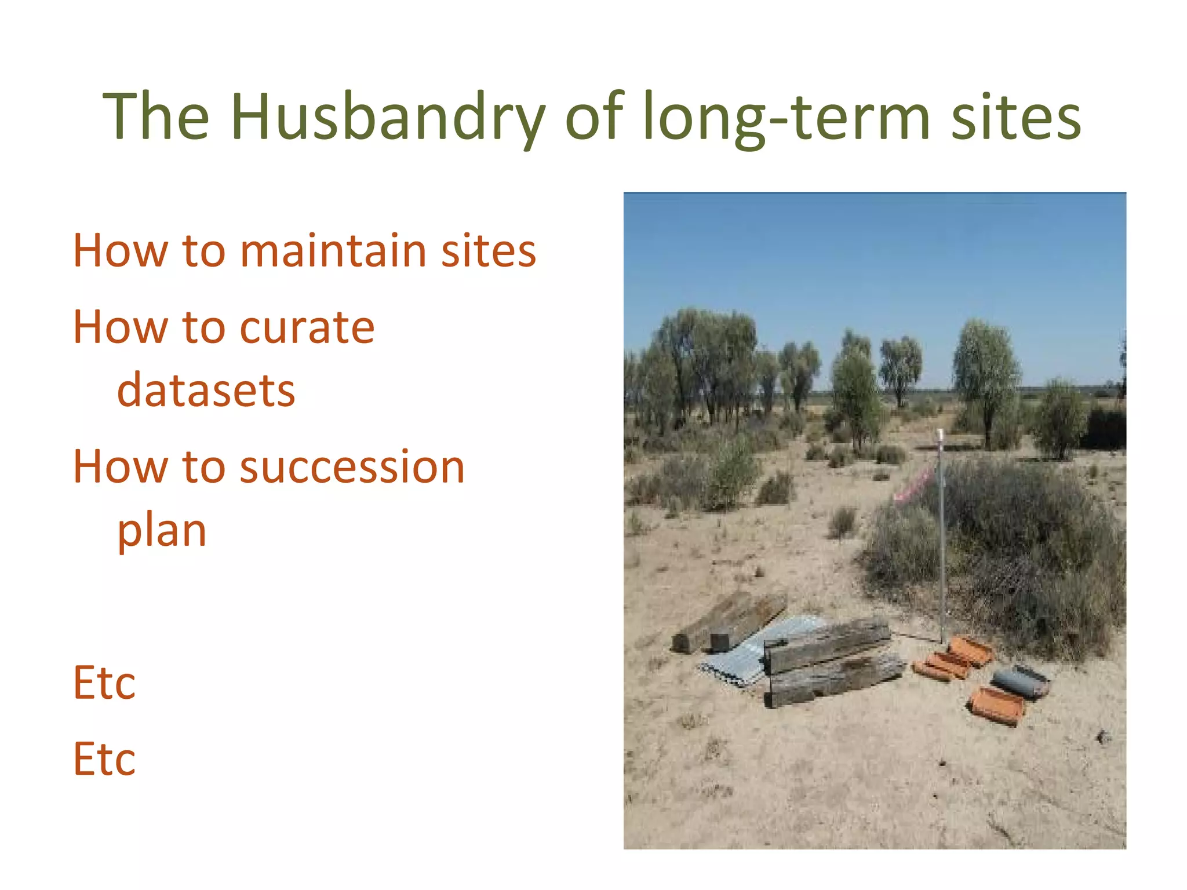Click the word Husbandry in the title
click(x=387, y=118)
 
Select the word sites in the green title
click(x=1015, y=118)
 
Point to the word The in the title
click(x=156, y=118)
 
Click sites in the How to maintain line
click(x=488, y=251)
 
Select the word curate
click(x=307, y=328)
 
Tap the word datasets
click(x=206, y=391)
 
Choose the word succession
click(x=352, y=467)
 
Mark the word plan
click(x=162, y=531)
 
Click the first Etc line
click(x=104, y=683)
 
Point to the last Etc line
click(x=104, y=759)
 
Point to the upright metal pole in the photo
click(x=941, y=539)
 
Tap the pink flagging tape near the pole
click(x=912, y=487)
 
